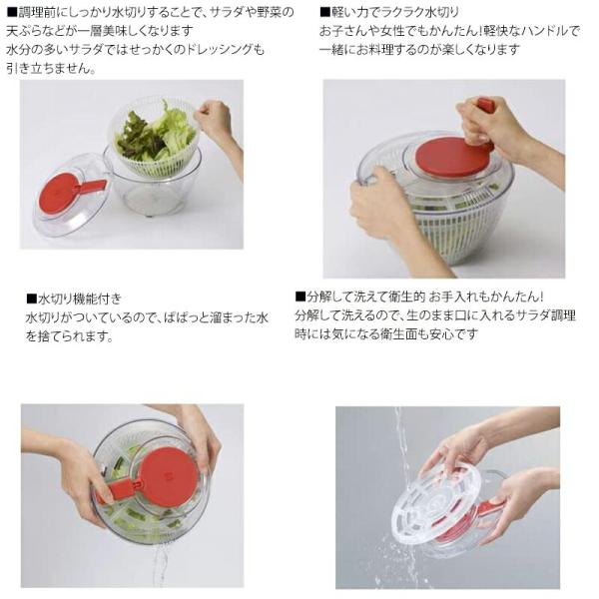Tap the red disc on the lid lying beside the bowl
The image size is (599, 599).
pyautogui.click(x=57, y=197)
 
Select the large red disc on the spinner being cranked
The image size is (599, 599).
pyautogui.click(x=451, y=156)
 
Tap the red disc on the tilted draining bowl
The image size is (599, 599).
pyautogui.click(x=170, y=477)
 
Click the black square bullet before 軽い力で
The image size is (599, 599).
pyautogui.click(x=324, y=12)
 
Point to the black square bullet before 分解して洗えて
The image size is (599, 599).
pyautogui.click(x=300, y=297)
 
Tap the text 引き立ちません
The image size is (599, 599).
pyautogui.click(x=49, y=68)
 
